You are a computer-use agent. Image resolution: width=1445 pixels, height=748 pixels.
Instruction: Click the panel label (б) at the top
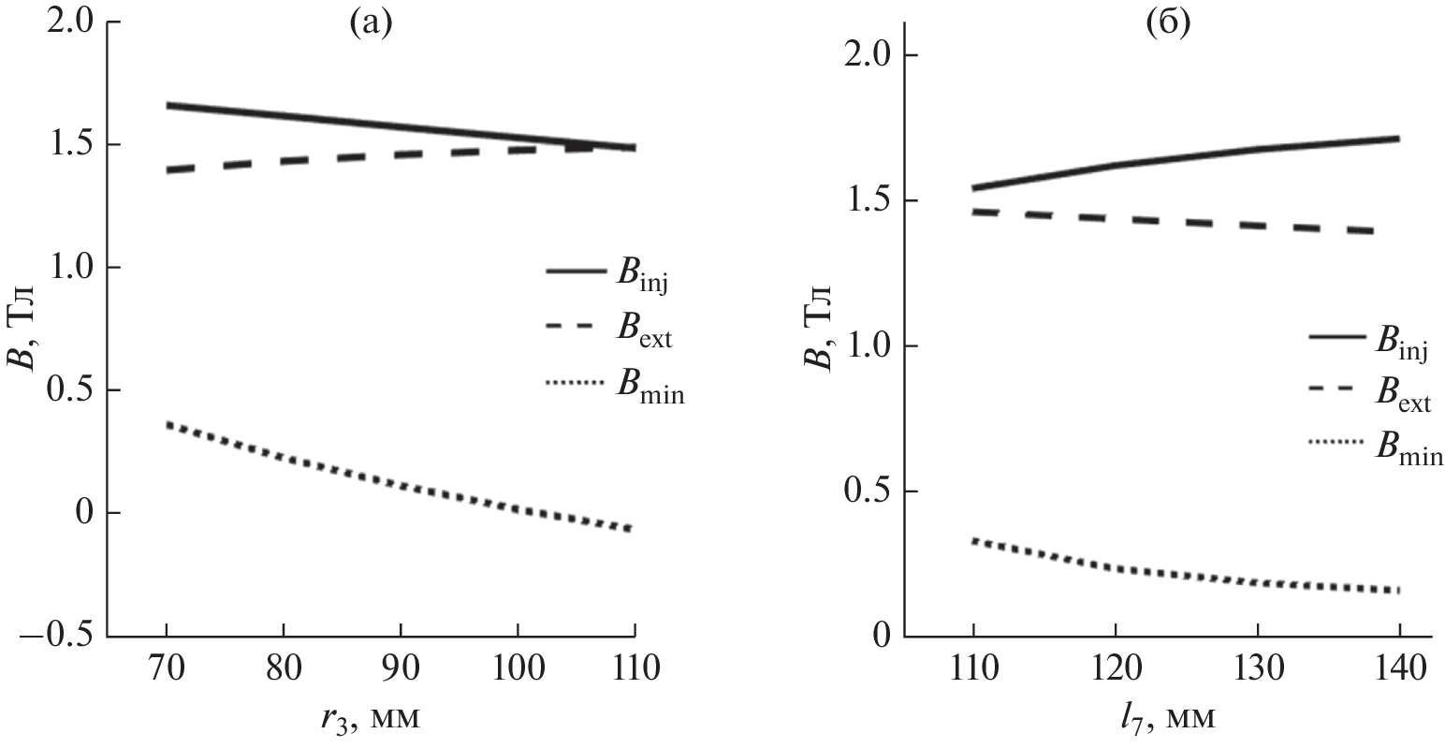click(1169, 25)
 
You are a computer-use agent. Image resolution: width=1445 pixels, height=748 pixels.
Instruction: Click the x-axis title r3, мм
click(366, 720)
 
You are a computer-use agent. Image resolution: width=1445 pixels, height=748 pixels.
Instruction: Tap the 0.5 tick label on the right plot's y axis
click(868, 491)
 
